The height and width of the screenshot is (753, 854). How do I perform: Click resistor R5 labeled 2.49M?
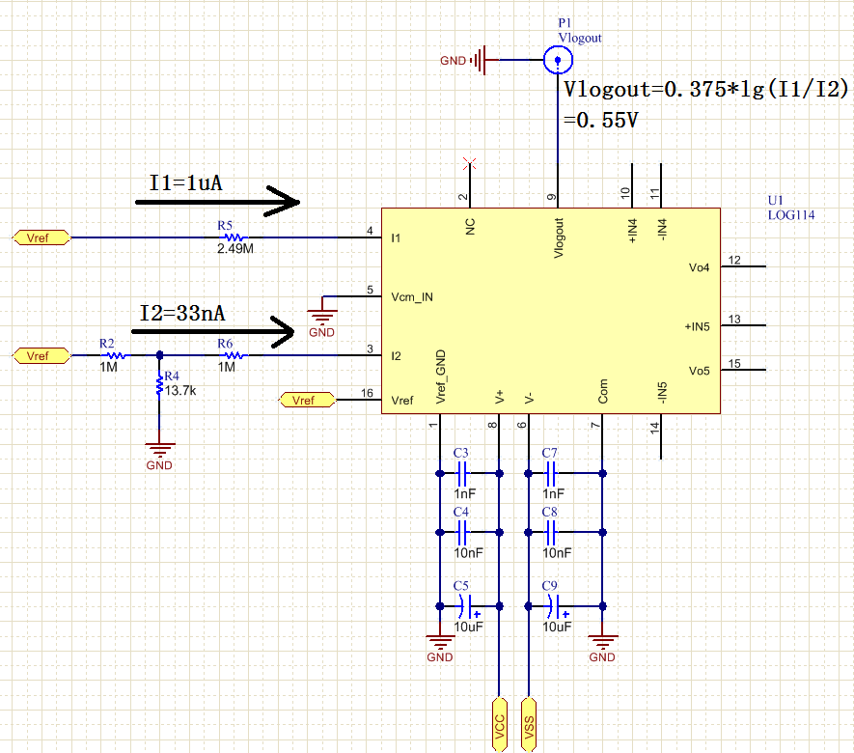coord(234,237)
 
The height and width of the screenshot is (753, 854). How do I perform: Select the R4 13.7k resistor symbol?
coord(159,385)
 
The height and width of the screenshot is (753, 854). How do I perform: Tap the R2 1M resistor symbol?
coord(116,355)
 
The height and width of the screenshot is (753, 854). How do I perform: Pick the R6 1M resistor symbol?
coord(234,355)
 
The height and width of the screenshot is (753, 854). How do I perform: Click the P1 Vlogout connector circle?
coord(558,60)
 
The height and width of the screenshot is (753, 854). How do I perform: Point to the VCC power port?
coord(499,725)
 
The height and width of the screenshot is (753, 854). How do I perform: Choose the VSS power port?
coord(528,725)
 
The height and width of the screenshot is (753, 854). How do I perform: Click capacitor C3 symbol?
coord(462,473)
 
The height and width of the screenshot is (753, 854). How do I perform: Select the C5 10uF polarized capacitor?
coord(467,606)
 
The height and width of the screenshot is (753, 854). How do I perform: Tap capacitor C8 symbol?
coord(551,532)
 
